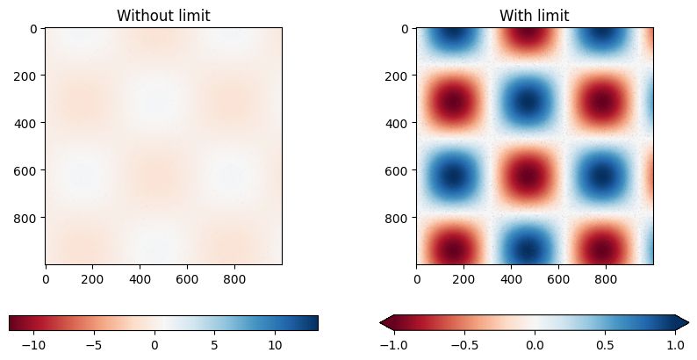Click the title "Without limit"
[163, 16]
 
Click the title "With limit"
[534, 16]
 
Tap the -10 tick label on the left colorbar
[33, 345]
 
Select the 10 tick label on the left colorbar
[275, 345]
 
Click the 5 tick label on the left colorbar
[215, 345]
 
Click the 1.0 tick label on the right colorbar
[675, 345]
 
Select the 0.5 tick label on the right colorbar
[605, 345]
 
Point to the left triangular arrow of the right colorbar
[385, 323]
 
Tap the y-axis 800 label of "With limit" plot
[399, 217]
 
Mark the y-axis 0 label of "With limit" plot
[406, 28]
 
